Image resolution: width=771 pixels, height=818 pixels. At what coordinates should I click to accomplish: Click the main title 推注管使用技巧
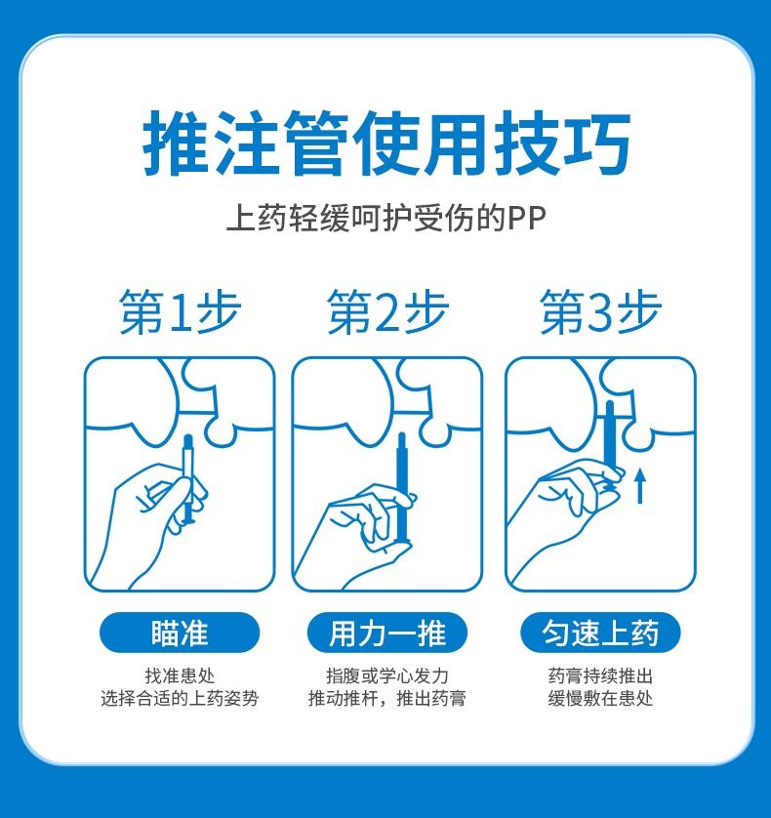click(386, 143)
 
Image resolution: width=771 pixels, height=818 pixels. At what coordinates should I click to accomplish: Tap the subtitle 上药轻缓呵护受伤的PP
click(386, 218)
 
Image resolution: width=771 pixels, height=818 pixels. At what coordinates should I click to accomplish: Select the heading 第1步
click(180, 311)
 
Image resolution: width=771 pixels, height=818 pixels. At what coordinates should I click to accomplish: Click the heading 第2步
click(387, 311)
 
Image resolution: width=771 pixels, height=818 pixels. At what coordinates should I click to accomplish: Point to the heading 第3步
click(600, 311)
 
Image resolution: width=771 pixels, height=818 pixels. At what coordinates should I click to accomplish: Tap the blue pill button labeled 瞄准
click(180, 633)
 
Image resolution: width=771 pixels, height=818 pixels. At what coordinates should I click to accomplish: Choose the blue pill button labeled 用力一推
click(387, 633)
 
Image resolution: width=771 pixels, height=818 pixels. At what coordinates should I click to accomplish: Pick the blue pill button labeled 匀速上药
click(600, 633)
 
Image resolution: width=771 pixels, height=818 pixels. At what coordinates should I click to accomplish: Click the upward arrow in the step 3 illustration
click(640, 486)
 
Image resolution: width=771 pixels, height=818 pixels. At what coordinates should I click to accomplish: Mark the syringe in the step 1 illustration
click(187, 479)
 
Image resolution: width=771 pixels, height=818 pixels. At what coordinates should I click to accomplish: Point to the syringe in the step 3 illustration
click(610, 443)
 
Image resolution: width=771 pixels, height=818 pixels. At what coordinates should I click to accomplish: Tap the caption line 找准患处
click(180, 676)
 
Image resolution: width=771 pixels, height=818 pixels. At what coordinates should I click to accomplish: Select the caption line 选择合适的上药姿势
click(180, 698)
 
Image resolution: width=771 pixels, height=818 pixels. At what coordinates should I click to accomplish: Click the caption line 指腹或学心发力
click(387, 676)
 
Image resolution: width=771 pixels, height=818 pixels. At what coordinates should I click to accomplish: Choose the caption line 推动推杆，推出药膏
click(387, 698)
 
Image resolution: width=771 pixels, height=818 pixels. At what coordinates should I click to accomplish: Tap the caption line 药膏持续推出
click(600, 676)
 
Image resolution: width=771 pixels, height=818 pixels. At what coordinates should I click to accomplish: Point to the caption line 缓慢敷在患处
click(600, 698)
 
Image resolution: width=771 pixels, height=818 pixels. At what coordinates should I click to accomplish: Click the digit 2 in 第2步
click(386, 313)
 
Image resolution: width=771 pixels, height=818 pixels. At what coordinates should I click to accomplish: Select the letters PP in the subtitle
click(527, 219)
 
